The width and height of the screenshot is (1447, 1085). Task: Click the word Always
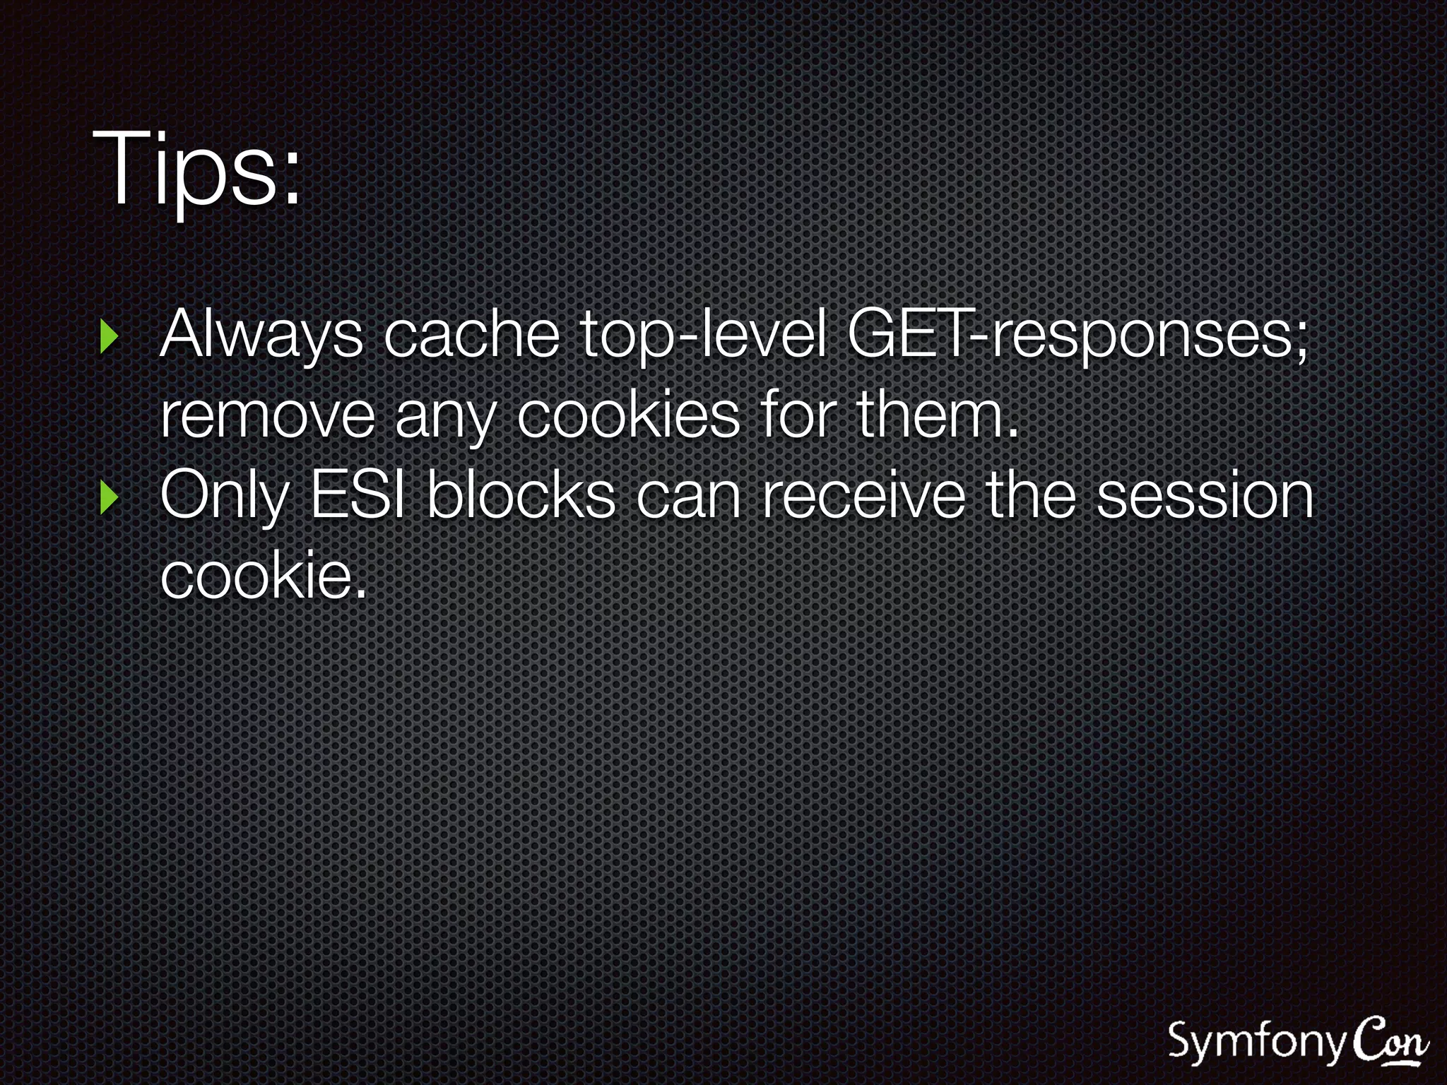tap(261, 336)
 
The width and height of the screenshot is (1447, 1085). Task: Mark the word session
tap(1204, 496)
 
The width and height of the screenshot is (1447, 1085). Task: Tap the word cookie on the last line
tap(261, 576)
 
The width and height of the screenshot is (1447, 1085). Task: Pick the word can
tap(688, 496)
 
